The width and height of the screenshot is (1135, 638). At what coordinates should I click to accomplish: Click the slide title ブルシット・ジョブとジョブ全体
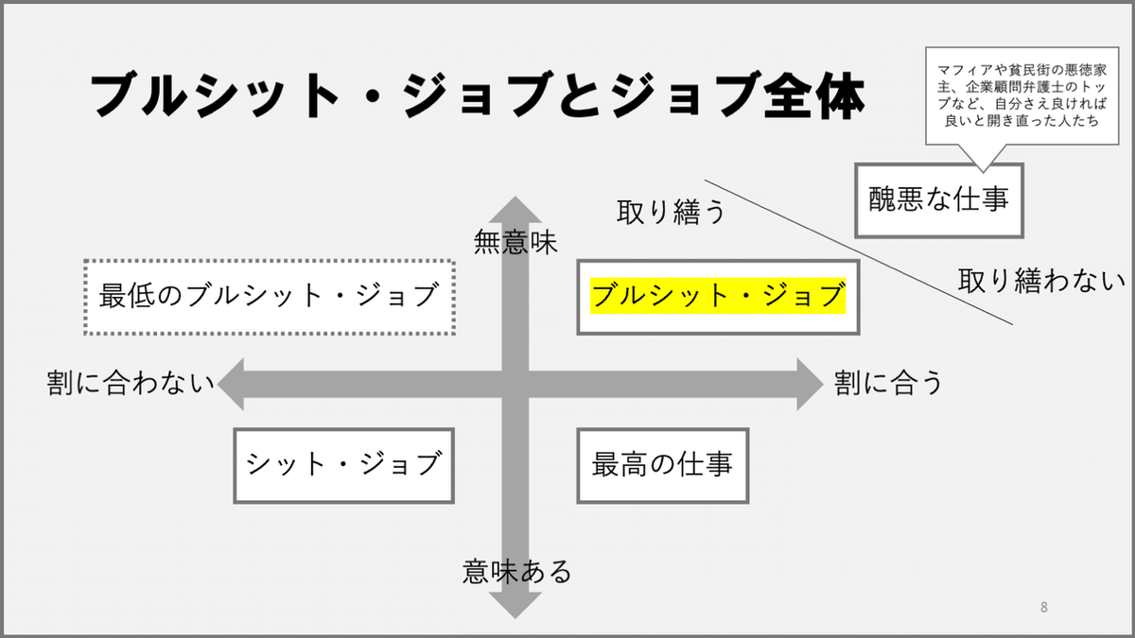[x=478, y=95]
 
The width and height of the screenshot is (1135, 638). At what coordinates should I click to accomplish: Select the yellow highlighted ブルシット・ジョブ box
[x=718, y=297]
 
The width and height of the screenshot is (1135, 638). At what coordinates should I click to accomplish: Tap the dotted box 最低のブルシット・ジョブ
[x=269, y=297]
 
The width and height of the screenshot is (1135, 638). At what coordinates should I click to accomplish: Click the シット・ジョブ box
[x=343, y=466]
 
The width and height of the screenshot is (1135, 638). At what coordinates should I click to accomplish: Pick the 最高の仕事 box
[x=663, y=466]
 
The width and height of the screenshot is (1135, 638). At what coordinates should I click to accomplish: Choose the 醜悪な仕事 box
[x=939, y=200]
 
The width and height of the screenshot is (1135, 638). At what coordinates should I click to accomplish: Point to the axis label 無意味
[x=515, y=242]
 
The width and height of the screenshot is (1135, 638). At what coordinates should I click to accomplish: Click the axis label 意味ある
[x=516, y=572]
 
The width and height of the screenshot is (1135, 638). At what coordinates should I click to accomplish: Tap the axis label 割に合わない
[x=131, y=382]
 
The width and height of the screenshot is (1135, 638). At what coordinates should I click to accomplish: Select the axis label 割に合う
[x=889, y=382]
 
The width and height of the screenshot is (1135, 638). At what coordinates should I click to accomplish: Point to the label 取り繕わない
[x=1040, y=281]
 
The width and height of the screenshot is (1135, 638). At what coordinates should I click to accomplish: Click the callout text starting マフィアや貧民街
[x=1022, y=95]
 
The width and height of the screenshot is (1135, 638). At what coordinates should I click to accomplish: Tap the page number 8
[x=1044, y=607]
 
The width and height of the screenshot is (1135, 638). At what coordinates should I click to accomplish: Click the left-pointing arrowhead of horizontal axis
[x=231, y=385]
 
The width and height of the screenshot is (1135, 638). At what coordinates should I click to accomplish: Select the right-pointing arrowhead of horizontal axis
[x=810, y=385]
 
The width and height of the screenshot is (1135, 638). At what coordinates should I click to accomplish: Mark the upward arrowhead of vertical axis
[x=515, y=209]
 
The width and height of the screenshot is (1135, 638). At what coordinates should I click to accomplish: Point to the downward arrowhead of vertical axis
[x=515, y=606]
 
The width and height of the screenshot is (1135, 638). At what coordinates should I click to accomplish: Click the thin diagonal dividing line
[x=859, y=252]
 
